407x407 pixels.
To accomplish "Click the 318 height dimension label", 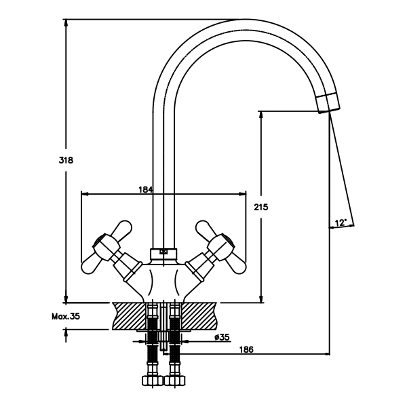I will point(65,160).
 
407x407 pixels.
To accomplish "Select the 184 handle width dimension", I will point(145,189).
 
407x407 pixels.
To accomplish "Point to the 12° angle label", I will point(341,222).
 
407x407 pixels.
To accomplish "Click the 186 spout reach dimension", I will point(247,349).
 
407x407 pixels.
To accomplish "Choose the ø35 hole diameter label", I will point(221,337).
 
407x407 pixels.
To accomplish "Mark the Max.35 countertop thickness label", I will point(66,316).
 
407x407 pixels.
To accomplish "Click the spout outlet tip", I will point(328,104).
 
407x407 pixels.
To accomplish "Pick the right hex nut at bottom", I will point(176,381).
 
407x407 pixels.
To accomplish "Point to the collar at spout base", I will point(163,253).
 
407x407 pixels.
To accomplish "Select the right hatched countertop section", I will point(199,315).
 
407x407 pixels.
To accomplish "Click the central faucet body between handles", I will point(163,278).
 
